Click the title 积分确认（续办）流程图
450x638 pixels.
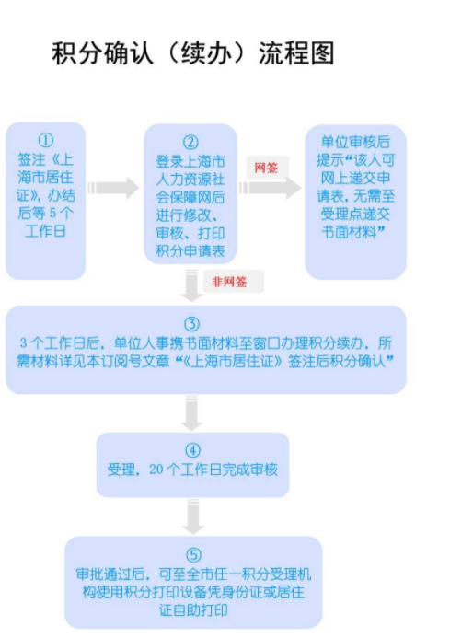click(193, 53)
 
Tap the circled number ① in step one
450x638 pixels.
click(46, 140)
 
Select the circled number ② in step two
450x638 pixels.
click(190, 143)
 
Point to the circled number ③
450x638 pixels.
click(192, 324)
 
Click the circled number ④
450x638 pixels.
click(193, 450)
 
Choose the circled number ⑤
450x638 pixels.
click(193, 555)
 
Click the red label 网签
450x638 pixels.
click(266, 168)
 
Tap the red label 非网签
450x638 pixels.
click(229, 282)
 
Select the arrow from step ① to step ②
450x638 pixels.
click(113, 188)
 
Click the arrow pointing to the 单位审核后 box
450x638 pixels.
click(271, 188)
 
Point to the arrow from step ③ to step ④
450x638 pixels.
click(191, 413)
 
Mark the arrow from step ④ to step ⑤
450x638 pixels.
click(193, 516)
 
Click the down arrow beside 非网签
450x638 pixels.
click(191, 285)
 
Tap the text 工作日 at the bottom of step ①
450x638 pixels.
click(46, 231)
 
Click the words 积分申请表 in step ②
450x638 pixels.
click(190, 251)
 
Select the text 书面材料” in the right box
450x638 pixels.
click(353, 232)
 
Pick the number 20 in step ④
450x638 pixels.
click(156, 470)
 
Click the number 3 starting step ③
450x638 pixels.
click(24, 343)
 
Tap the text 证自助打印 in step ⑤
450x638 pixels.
click(193, 610)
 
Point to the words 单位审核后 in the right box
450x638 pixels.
click(355, 142)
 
